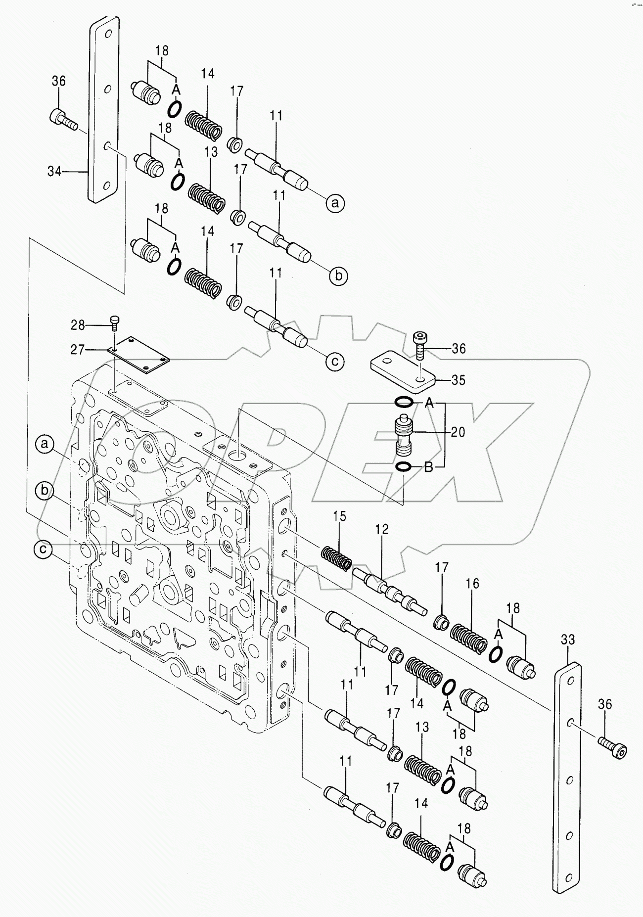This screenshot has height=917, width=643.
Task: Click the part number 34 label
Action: coord(54,172)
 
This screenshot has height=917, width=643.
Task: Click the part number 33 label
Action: coord(567,640)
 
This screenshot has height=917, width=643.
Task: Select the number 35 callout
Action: coord(459,380)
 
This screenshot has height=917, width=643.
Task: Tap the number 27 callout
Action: coord(77,350)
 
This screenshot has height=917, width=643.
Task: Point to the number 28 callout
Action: coord(78,325)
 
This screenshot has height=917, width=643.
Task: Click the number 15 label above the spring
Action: coord(339,517)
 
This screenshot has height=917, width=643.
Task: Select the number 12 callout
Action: coord(382,529)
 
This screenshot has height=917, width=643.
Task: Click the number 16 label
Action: coord(472,584)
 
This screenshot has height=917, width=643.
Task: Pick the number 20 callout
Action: coord(458,432)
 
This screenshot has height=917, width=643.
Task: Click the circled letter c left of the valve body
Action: coord(44,549)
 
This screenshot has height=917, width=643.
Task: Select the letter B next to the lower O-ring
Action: coord(428,467)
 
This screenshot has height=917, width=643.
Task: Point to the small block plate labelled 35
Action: coord(402,370)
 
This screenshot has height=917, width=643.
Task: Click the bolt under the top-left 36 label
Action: coord(62,119)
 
